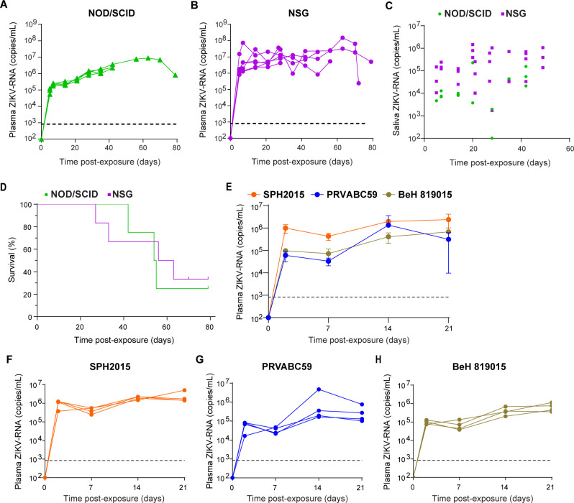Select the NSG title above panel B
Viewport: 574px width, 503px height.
(301, 13)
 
